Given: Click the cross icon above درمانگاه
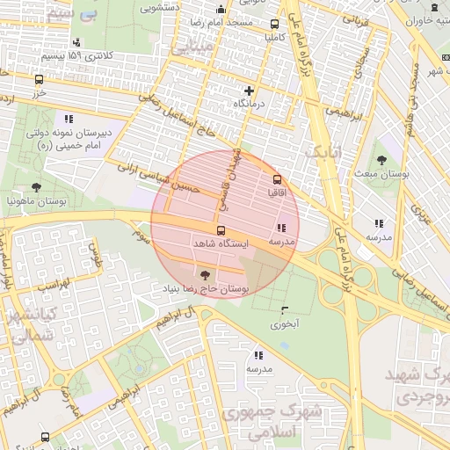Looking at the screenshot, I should click(x=250, y=91).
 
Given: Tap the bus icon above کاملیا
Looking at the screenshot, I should click(x=275, y=25).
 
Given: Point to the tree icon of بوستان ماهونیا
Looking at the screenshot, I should click(x=36, y=186).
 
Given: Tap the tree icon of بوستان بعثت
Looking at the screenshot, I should click(x=381, y=160).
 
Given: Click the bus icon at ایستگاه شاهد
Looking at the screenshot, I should click(x=220, y=230).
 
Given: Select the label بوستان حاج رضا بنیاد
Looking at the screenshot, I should click(x=206, y=287).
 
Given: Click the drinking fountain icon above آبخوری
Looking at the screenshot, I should click(x=283, y=309).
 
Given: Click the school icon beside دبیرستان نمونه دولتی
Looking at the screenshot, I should click(x=68, y=118).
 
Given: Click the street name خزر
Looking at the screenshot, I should click(x=38, y=90).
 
